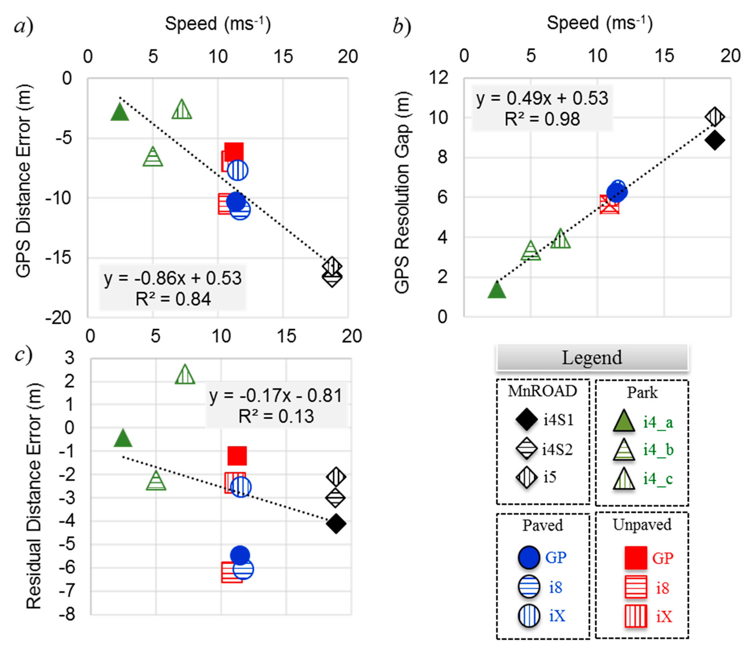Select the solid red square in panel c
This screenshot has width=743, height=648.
click(x=237, y=456)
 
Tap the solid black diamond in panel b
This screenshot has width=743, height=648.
click(x=714, y=140)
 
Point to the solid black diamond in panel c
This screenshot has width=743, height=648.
click(x=336, y=523)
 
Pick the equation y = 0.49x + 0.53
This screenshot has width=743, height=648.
click(x=542, y=98)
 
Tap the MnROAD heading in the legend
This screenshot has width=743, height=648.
click(x=542, y=391)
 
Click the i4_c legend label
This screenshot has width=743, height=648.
click(x=658, y=479)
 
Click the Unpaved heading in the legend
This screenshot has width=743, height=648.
click(x=642, y=525)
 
